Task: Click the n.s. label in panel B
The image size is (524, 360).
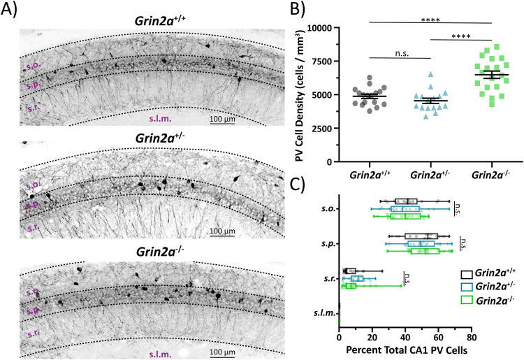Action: pos(387,51)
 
